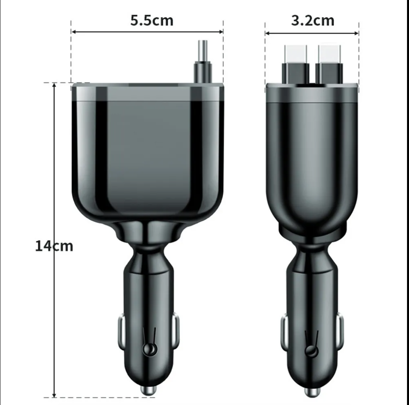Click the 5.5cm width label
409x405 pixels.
tap(152, 20)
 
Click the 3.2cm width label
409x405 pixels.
tap(313, 20)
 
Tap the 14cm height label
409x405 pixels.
tap(54, 246)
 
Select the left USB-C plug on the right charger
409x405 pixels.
tap(296, 64)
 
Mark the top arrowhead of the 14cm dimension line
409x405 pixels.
tap(55, 86)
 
